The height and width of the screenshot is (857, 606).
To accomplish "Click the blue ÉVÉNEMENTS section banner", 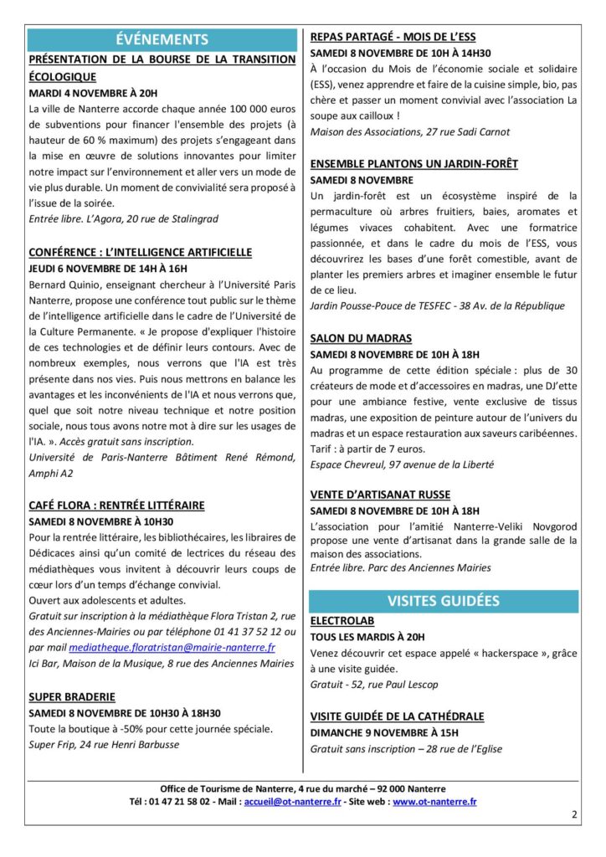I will [x=162, y=39].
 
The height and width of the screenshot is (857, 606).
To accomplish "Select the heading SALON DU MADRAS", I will [x=361, y=338].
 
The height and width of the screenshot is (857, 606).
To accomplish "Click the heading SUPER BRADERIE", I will [x=72, y=696].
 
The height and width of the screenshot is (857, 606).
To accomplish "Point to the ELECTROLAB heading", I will [x=342, y=622].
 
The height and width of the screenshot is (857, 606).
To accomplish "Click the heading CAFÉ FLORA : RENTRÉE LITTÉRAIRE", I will [x=116, y=505].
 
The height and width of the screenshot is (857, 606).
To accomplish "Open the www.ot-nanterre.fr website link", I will [x=434, y=801].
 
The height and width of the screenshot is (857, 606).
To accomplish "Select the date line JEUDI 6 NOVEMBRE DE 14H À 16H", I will [x=108, y=269].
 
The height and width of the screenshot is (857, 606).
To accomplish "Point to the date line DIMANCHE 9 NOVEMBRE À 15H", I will [x=384, y=732].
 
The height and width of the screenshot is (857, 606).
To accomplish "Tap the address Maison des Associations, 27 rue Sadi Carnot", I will [x=409, y=132].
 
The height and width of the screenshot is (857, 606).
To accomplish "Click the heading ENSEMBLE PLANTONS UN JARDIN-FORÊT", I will [x=413, y=163].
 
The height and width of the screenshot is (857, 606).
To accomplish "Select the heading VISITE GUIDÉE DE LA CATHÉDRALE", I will [x=397, y=716].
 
